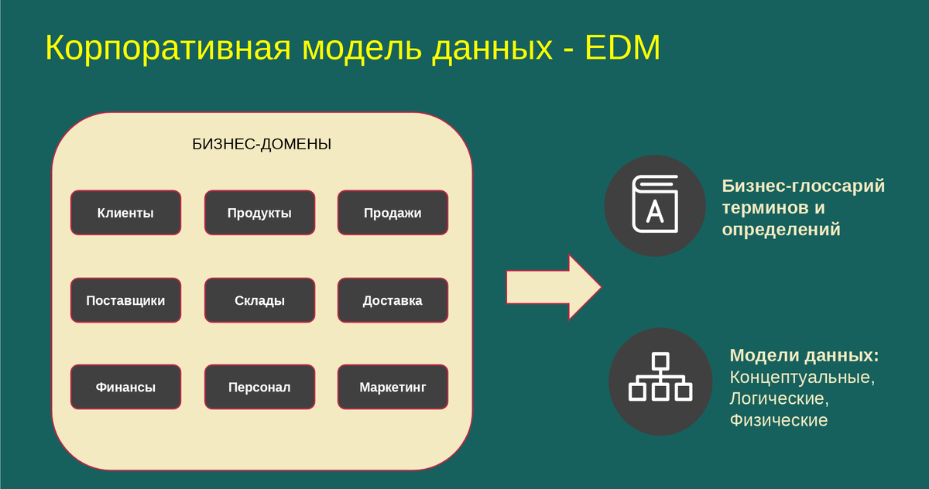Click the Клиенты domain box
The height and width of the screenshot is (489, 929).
[125, 213]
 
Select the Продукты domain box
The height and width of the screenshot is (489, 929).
[259, 213]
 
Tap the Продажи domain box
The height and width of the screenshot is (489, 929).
[393, 213]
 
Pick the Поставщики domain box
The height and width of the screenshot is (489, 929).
[125, 300]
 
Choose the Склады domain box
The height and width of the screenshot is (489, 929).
[259, 300]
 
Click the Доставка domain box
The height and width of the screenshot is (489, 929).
[393, 300]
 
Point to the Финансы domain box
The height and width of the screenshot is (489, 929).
[125, 387]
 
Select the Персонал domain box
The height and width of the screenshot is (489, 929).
[259, 387]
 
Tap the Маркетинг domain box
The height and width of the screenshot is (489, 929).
[393, 387]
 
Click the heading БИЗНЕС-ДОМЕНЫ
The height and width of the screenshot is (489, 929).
[262, 144]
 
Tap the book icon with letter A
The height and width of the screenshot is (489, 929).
[655, 205]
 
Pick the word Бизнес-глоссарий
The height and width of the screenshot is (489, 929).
[803, 186]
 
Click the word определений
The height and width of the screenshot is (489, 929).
[780, 230]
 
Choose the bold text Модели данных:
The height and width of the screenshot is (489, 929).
[804, 356]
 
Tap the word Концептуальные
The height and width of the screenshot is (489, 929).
[801, 378]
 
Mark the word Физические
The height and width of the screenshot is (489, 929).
[778, 420]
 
